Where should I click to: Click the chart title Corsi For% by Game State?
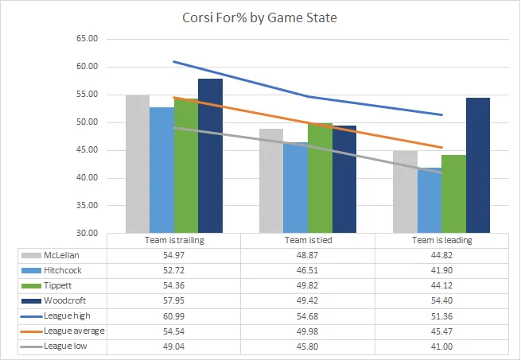(x=259, y=17)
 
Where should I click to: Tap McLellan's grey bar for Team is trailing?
(x=138, y=164)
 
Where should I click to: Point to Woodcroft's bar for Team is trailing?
(x=210, y=156)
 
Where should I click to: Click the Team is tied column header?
(x=307, y=240)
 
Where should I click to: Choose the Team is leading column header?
(x=441, y=240)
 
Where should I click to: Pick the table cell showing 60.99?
(x=173, y=316)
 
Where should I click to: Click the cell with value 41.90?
(x=441, y=271)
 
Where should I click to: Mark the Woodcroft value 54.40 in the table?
(x=441, y=301)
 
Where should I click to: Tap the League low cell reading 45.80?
(x=307, y=346)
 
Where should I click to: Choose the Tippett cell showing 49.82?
(x=307, y=286)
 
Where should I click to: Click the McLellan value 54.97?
(x=173, y=255)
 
